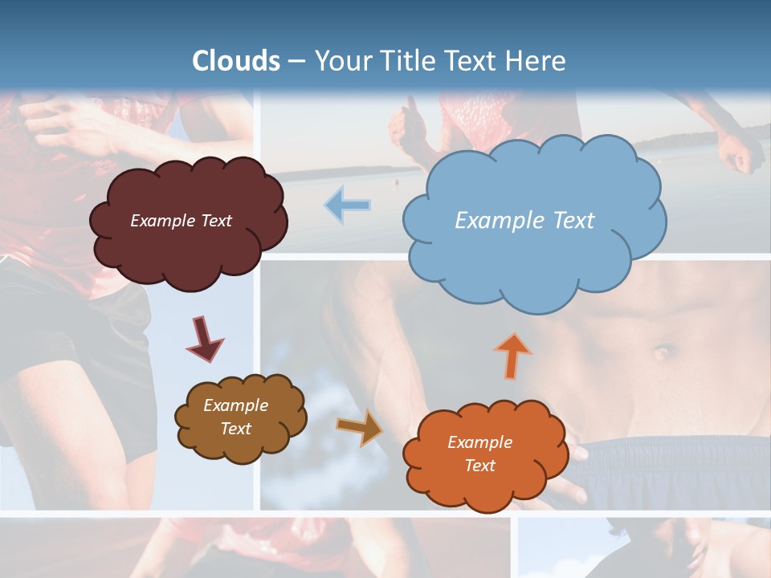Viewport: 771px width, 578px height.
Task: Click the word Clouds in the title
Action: click(236, 61)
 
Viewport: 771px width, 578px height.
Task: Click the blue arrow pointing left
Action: click(347, 205)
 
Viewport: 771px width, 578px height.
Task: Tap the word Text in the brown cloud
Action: click(236, 429)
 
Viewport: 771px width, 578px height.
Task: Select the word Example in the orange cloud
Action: click(479, 442)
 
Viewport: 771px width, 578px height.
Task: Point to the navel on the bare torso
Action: click(662, 352)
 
